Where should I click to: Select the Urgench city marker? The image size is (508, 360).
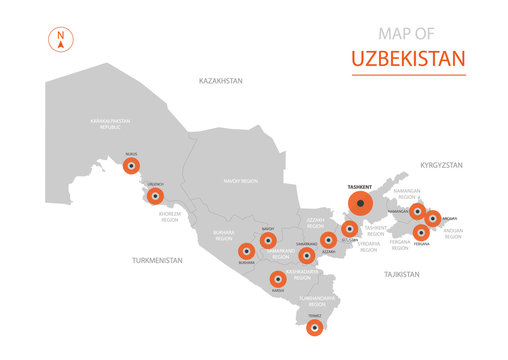pyautogui.click(x=155, y=197)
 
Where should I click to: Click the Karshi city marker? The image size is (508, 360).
pyautogui.click(x=277, y=278)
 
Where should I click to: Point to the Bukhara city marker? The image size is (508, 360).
pyautogui.click(x=246, y=254)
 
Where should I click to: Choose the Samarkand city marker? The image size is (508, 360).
pyautogui.click(x=307, y=255)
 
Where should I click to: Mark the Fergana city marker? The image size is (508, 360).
pyautogui.click(x=420, y=232)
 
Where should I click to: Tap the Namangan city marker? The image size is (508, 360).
pyautogui.click(x=417, y=212)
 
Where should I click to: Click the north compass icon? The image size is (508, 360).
pyautogui.click(x=61, y=41)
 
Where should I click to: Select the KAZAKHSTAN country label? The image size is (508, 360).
pyautogui.click(x=222, y=80)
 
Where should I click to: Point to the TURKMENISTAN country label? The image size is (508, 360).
pyautogui.click(x=156, y=260)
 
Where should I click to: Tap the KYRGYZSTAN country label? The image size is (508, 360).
pyautogui.click(x=443, y=162)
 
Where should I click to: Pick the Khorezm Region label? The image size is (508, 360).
pyautogui.click(x=170, y=216)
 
